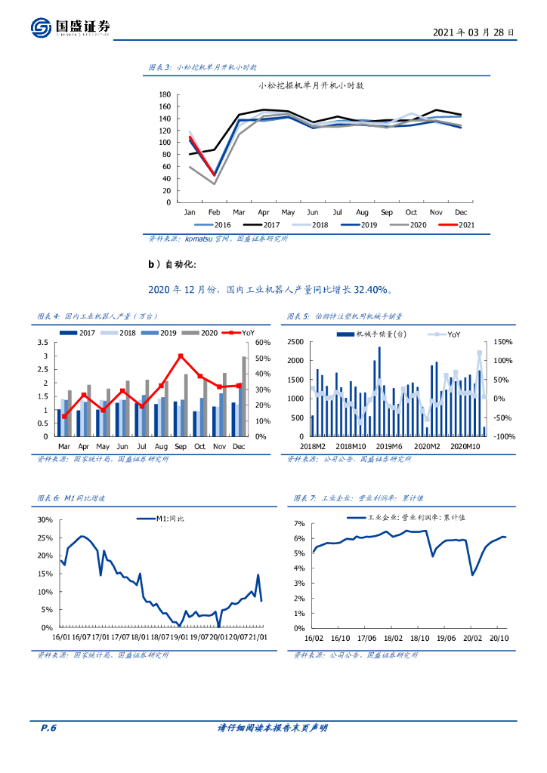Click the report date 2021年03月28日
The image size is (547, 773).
coord(474,32)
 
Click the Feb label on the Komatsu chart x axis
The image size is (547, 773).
coord(215,212)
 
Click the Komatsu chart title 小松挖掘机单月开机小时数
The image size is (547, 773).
coord(311,85)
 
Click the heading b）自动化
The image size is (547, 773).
coord(175,263)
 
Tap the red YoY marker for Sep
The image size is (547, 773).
coord(181,356)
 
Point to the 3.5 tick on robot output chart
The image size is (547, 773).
coord(43,343)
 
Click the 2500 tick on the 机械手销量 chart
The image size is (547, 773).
coord(295,342)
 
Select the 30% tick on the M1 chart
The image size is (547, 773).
coord(45,520)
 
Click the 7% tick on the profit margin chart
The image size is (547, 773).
coord(299,523)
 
